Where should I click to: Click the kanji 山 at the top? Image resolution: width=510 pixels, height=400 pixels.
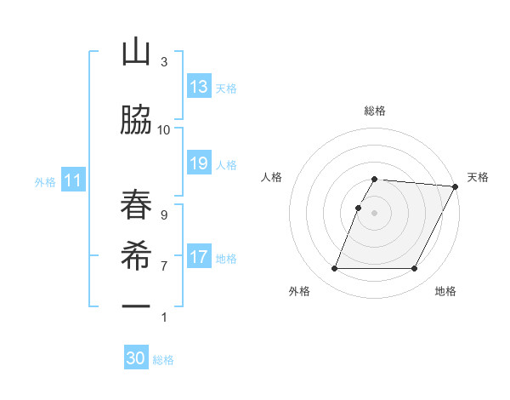(x=136, y=53)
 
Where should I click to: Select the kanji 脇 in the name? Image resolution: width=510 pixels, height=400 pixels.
(x=136, y=120)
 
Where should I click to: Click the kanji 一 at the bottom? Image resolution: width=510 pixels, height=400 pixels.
(x=136, y=306)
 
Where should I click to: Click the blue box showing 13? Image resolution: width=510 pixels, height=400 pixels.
(x=199, y=87)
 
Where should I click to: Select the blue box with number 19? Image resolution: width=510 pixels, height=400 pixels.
(x=199, y=163)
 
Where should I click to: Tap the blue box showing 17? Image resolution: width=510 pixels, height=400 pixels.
(x=199, y=257)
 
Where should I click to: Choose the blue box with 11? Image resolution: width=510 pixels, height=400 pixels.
(x=73, y=180)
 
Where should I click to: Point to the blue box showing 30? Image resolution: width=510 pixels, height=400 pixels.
(x=136, y=358)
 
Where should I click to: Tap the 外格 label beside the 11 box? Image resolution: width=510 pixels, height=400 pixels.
(x=45, y=181)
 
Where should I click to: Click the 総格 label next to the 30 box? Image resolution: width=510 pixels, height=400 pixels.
(x=163, y=360)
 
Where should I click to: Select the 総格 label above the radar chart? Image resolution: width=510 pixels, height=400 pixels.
(x=375, y=111)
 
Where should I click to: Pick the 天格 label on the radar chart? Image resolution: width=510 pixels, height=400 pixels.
(x=478, y=177)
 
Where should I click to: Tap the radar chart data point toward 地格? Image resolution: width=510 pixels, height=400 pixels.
(x=415, y=269)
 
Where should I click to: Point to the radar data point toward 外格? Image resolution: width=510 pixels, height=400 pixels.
(x=334, y=269)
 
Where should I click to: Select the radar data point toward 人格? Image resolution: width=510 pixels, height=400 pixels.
(x=359, y=208)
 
